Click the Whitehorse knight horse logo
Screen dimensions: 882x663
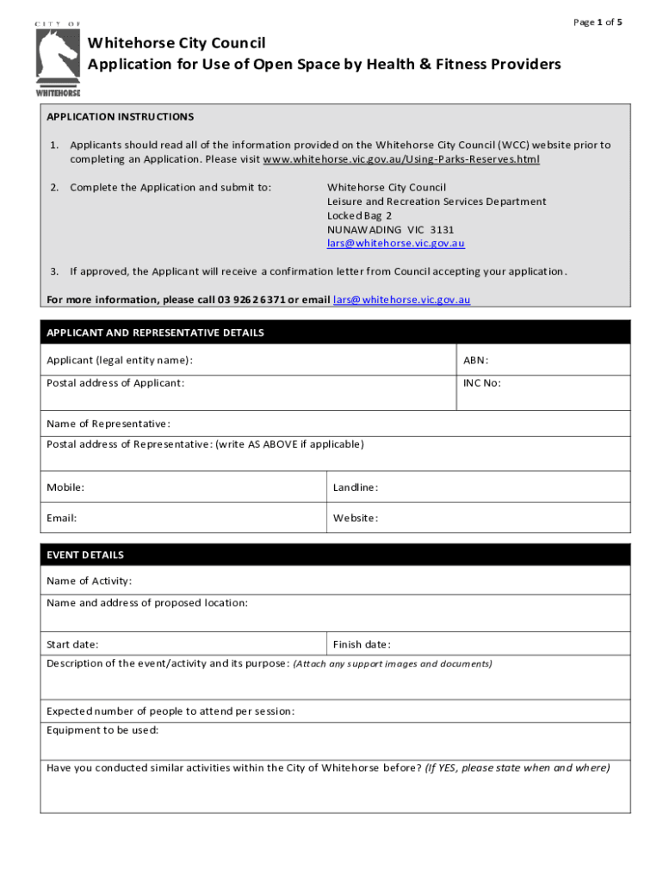click(58, 58)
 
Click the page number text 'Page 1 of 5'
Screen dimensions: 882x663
click(597, 22)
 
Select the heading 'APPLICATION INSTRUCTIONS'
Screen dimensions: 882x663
click(120, 116)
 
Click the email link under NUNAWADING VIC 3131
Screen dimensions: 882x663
click(395, 243)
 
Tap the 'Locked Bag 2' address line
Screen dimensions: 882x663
click(359, 215)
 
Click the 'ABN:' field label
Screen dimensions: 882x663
click(476, 360)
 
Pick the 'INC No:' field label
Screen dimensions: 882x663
click(481, 383)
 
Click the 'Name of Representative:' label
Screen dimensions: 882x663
click(108, 424)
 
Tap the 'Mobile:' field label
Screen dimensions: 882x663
click(65, 488)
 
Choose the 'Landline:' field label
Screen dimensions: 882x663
click(356, 488)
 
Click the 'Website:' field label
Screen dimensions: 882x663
click(356, 518)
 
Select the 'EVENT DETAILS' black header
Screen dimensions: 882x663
click(85, 555)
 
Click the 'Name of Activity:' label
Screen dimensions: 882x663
click(89, 581)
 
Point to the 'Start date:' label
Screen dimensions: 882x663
click(72, 644)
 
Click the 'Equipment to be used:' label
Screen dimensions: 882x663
click(102, 730)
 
